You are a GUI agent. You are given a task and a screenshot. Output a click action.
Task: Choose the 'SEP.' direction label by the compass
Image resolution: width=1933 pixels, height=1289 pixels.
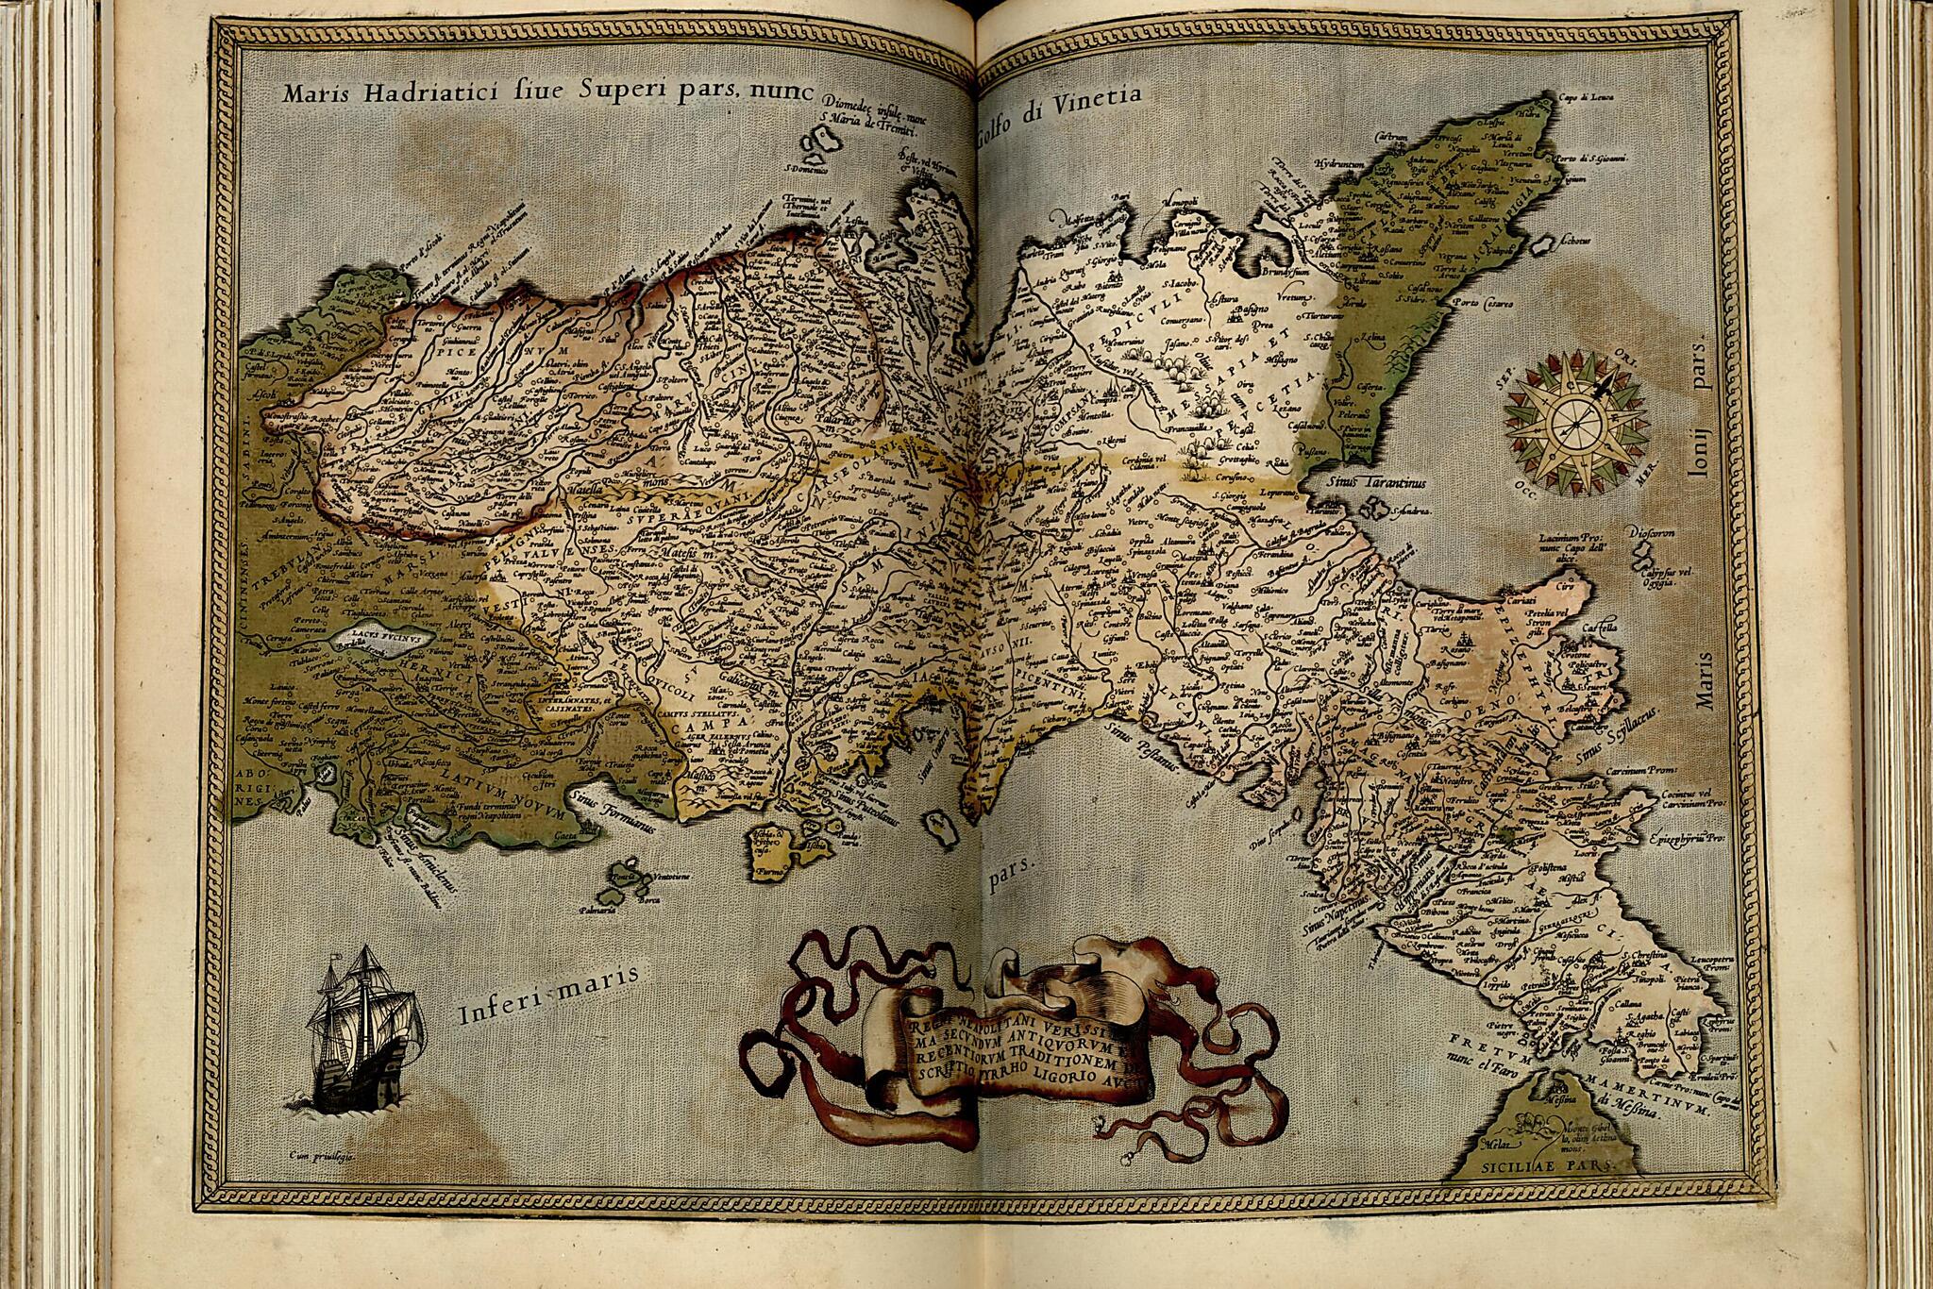tap(1505, 383)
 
